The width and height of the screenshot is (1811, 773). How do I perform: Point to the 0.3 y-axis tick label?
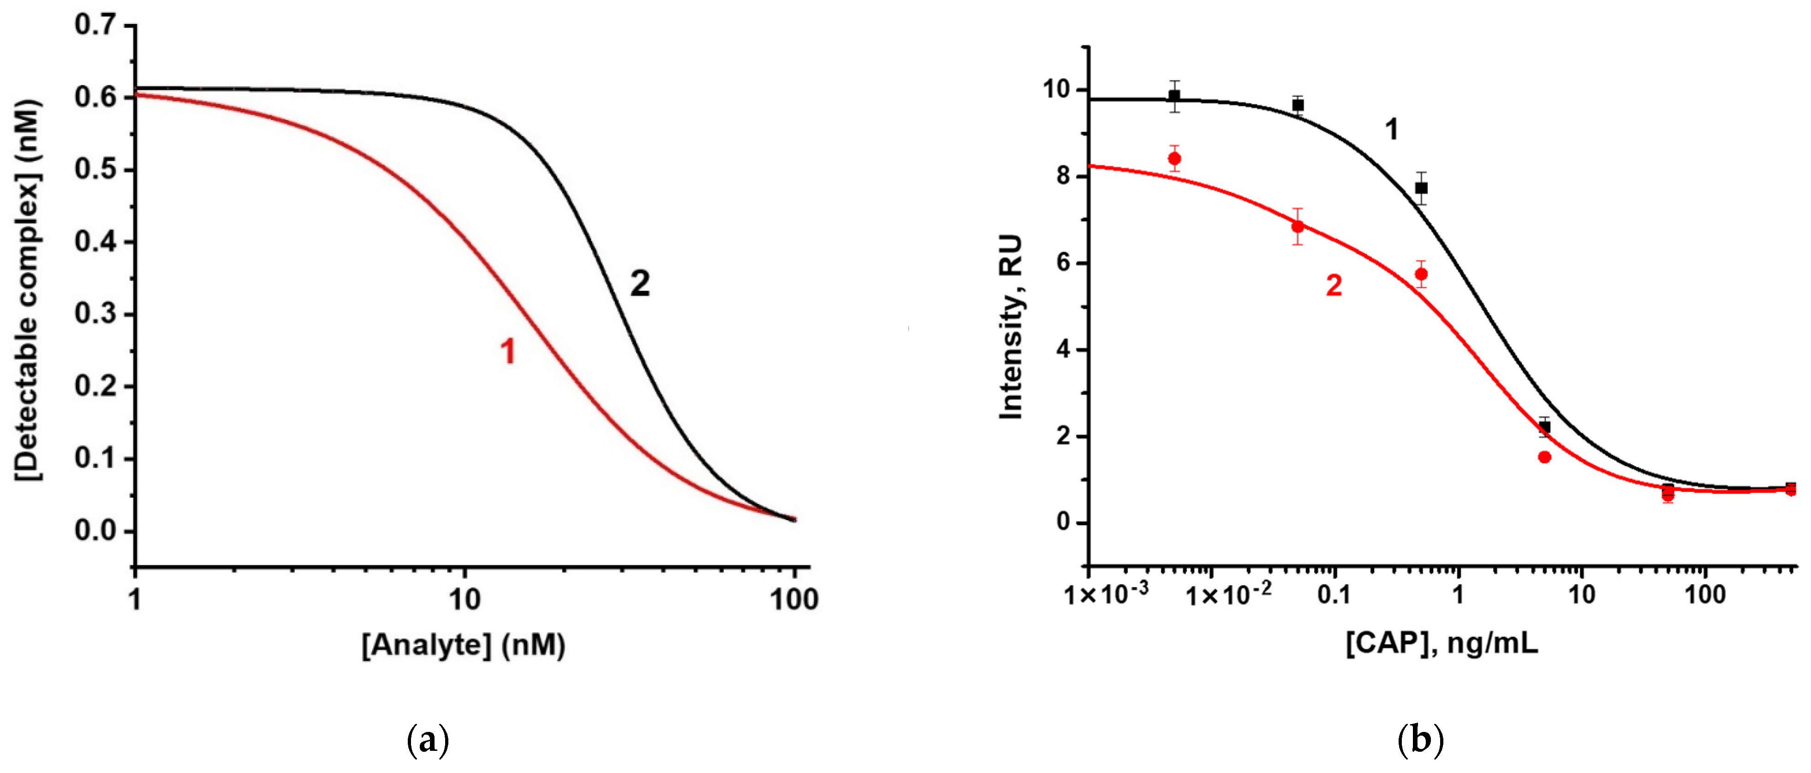tap(95, 314)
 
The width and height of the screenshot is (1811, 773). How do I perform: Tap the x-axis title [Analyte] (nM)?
tap(463, 644)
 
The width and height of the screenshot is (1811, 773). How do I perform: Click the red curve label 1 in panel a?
tap(507, 351)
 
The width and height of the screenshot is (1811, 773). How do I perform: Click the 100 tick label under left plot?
tap(794, 599)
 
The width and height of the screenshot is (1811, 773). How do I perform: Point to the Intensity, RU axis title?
tap(1011, 328)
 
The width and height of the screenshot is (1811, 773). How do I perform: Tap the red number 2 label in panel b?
tap(1334, 286)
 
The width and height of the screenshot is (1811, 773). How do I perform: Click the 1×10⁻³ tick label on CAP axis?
tap(1106, 595)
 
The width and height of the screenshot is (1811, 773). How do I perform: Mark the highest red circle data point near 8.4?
tap(1174, 159)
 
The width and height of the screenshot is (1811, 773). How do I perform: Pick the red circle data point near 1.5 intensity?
tap(1544, 457)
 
